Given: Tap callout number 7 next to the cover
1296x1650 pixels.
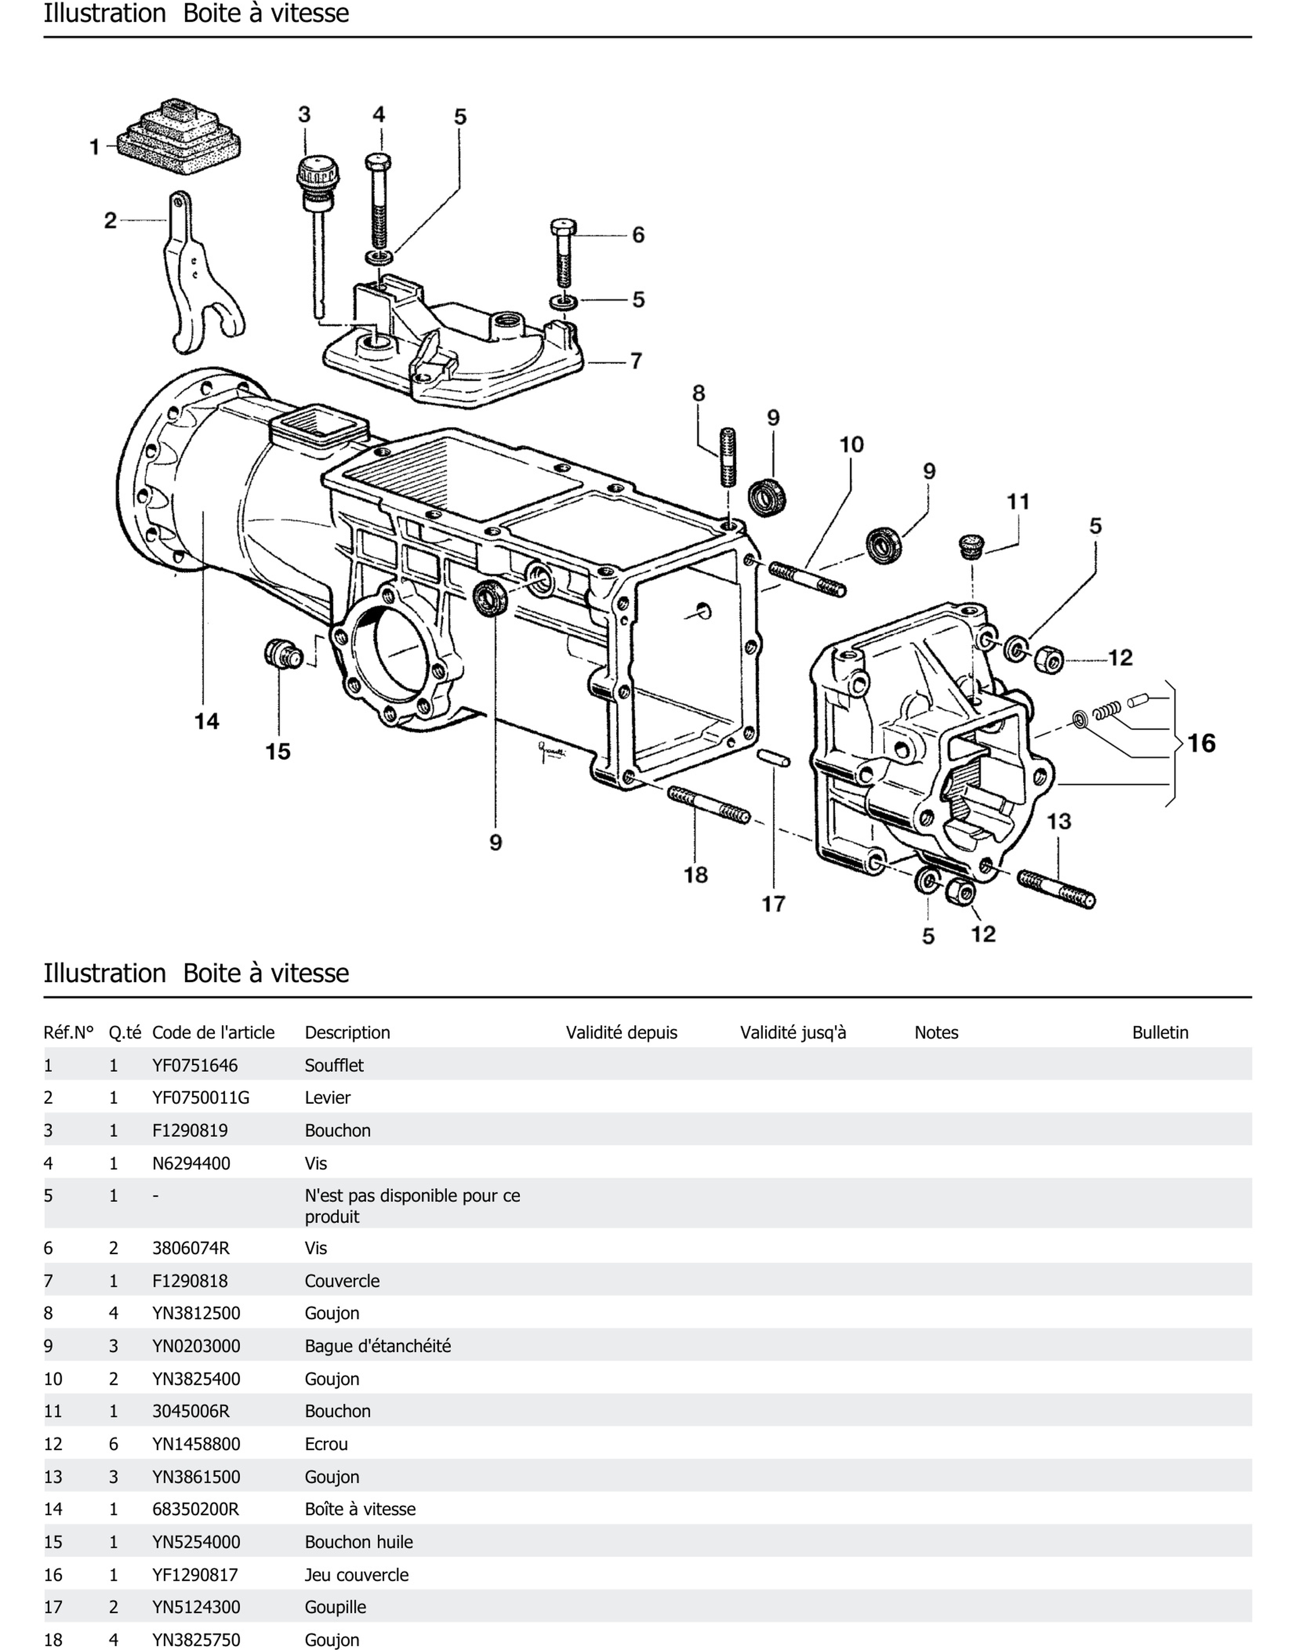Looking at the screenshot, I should click(636, 361).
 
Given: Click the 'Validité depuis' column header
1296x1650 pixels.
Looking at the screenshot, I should click(621, 1032).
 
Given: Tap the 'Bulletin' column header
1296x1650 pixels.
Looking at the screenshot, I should click(1160, 1032).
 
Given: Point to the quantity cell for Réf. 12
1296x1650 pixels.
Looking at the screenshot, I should click(114, 1444).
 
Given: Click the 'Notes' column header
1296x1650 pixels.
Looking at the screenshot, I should click(936, 1032).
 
